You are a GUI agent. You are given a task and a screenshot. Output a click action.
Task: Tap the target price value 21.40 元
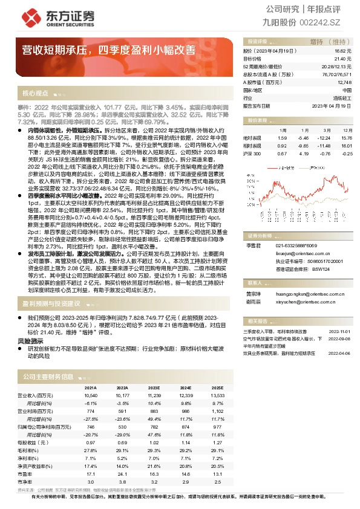[x=343, y=59]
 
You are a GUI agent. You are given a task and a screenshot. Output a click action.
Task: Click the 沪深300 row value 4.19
[x=303, y=153]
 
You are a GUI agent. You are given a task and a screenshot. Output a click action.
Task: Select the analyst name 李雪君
[x=252, y=245]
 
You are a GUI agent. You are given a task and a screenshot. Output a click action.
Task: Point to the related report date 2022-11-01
[x=339, y=331]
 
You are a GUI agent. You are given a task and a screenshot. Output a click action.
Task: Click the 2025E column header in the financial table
[x=217, y=387]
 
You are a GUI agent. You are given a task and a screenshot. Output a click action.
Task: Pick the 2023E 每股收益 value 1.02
[x=153, y=443]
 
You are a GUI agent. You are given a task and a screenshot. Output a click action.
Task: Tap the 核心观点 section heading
[x=35, y=93]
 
